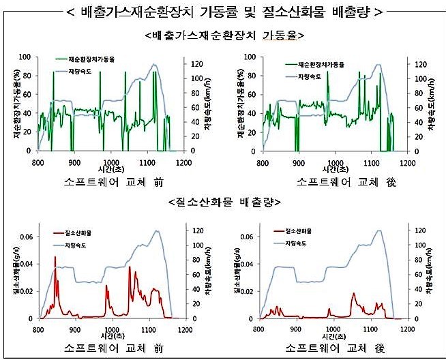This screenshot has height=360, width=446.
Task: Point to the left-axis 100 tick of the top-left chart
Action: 28,57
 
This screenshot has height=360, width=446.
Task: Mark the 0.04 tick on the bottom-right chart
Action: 248,264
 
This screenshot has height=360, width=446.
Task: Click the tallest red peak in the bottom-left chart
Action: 55,258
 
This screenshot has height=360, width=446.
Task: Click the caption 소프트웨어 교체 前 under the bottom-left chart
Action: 115,348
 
